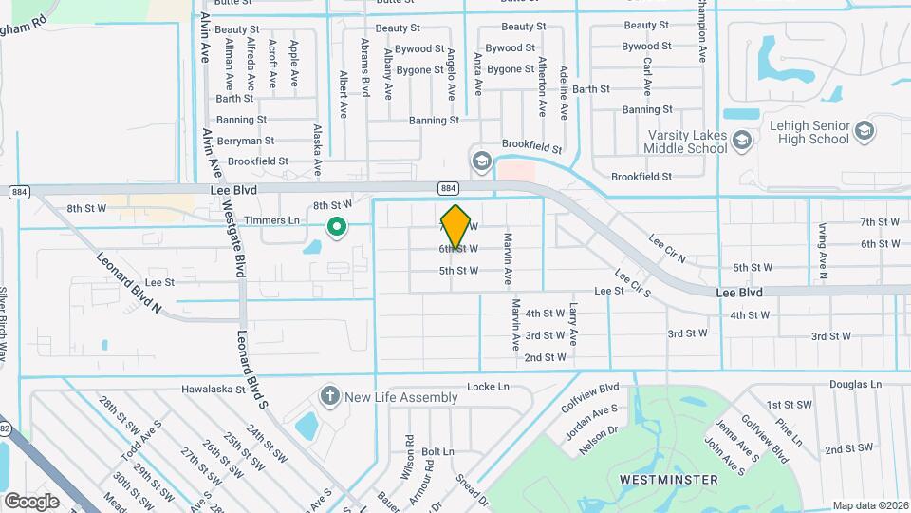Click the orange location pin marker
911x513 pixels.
pos(455,226)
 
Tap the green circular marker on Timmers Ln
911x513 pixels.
pos(336,226)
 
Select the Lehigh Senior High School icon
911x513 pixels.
pos(864,130)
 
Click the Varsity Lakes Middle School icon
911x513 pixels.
pos(741,142)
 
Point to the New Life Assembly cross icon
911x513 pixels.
pos(329,396)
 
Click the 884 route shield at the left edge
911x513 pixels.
pos(18,192)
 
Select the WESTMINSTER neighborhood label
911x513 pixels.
pos(668,480)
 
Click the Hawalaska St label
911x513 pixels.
pos(220,389)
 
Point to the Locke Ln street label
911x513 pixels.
pos(488,387)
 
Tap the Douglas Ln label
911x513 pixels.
pos(855,385)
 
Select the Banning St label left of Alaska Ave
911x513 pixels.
pos(241,120)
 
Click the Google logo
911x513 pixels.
pos(31,501)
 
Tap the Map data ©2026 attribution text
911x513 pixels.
pos(870,505)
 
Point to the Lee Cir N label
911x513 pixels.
pos(667,250)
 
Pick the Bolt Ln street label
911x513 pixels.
pos(437,451)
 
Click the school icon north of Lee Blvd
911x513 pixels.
pos(481,159)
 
